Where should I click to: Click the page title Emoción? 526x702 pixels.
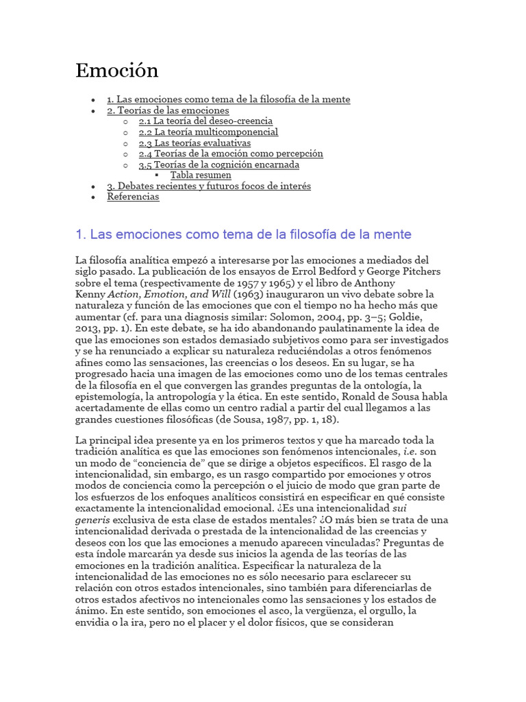point(116,70)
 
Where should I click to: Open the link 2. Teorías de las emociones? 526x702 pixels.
point(168,110)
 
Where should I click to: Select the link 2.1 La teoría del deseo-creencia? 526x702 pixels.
point(205,121)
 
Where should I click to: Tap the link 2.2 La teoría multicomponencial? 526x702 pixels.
point(208,132)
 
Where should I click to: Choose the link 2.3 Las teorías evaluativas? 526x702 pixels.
point(195,143)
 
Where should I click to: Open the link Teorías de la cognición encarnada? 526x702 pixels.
point(219,165)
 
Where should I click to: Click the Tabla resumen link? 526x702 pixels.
point(201,175)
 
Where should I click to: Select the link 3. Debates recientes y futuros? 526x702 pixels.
point(208,186)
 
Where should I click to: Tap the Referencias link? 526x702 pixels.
point(133,197)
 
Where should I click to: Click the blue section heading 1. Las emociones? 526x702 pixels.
point(243,234)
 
